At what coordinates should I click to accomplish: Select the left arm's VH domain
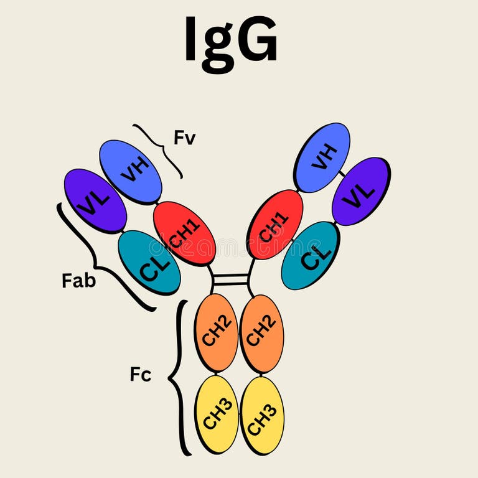pyautogui.click(x=131, y=172)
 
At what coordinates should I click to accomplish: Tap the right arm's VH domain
pyautogui.click(x=322, y=157)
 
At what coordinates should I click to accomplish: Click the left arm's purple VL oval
pyautogui.click(x=95, y=200)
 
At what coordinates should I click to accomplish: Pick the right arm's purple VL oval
pyautogui.click(x=361, y=191)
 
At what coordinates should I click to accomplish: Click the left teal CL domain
pyautogui.click(x=149, y=262)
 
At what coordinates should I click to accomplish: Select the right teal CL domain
pyautogui.click(x=311, y=255)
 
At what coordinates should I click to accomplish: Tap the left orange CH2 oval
pyautogui.click(x=216, y=332)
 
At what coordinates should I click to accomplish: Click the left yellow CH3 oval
pyautogui.click(x=217, y=414)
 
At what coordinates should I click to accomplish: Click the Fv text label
pyautogui.click(x=184, y=138)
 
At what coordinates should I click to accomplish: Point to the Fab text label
pyautogui.click(x=79, y=281)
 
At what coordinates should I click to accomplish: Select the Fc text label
pyautogui.click(x=141, y=375)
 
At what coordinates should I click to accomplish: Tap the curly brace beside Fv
pyautogui.click(x=159, y=148)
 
